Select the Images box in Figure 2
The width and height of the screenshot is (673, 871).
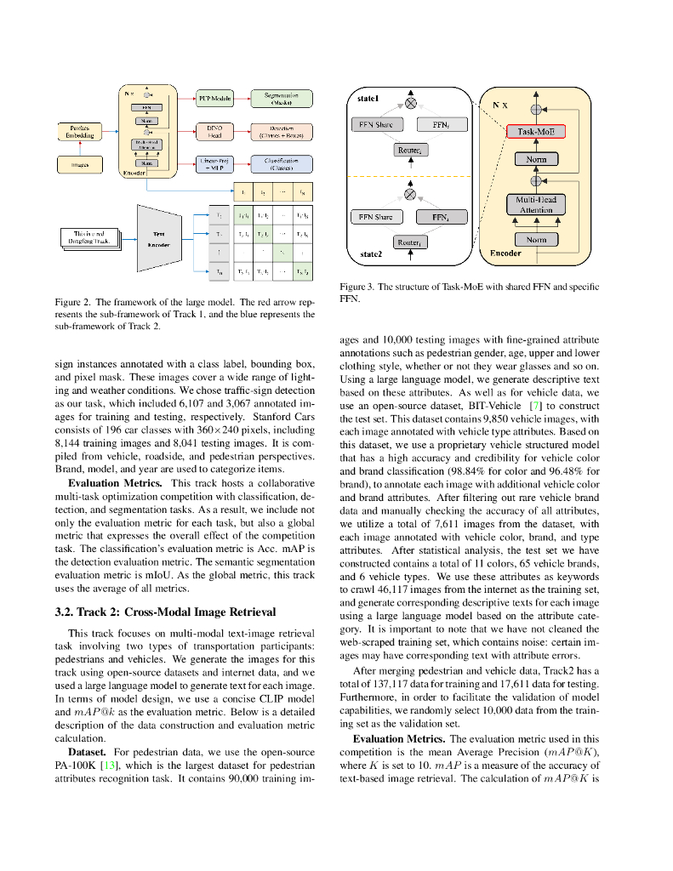pyautogui.click(x=80, y=164)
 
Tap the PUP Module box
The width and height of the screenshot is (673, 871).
pyautogui.click(x=214, y=99)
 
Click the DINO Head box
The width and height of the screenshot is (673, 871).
pyautogui.click(x=214, y=131)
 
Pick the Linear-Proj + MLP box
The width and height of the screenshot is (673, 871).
pyautogui.click(x=214, y=164)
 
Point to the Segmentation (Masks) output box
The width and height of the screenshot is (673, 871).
pyautogui.click(x=282, y=99)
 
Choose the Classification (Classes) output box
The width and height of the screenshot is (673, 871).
pyautogui.click(x=282, y=164)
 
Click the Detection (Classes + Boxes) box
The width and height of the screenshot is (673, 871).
pyautogui.click(x=282, y=131)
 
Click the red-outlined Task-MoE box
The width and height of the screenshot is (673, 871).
pyautogui.click(x=535, y=132)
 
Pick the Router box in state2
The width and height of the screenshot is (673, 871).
pyautogui.click(x=410, y=243)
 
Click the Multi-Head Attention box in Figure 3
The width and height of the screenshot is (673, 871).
pyautogui.click(x=535, y=205)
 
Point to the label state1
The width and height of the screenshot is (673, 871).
pyautogui.click(x=369, y=100)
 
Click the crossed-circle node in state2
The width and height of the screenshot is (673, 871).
pyautogui.click(x=410, y=194)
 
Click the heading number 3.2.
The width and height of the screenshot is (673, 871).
pyautogui.click(x=65, y=611)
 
